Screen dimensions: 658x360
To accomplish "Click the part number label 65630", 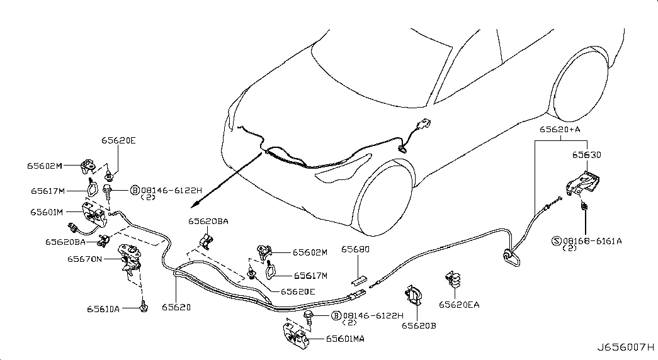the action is (586, 155).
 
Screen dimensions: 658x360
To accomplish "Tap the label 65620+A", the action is (560, 129).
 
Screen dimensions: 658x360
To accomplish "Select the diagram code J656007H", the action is (626, 347).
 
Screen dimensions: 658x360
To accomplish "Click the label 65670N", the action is (84, 259).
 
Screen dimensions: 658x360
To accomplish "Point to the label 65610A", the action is (103, 309).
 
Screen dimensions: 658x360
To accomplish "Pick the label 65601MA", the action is (345, 339).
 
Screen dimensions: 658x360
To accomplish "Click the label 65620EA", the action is (459, 305).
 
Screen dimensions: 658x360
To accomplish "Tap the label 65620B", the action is (419, 325).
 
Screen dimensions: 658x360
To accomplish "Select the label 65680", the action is (355, 249).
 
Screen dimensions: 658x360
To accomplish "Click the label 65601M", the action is (47, 212).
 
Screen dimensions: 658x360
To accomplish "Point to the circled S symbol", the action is (557, 241).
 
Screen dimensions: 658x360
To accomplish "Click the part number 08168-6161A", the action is (593, 241).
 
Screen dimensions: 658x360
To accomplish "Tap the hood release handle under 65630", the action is (583, 183).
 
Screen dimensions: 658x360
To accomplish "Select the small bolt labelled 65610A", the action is (144, 307).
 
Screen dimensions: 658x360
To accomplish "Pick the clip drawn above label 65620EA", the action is (452, 279).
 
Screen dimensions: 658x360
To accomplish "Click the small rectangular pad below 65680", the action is (359, 279).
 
